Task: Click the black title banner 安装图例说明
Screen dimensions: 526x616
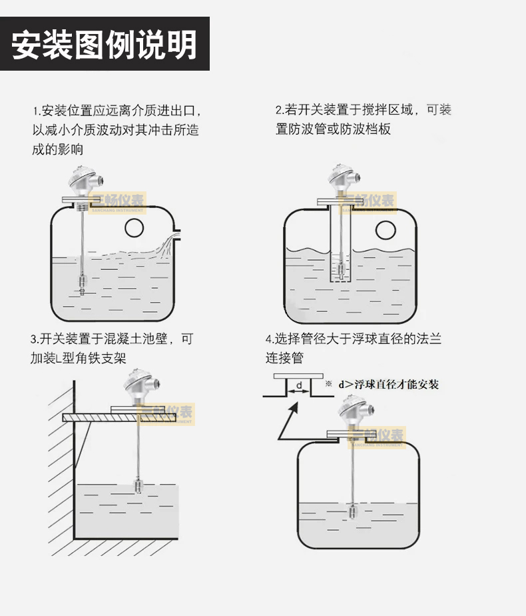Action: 105,43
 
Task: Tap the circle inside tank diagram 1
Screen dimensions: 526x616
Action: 134,228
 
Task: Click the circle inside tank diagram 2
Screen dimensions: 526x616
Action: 386,230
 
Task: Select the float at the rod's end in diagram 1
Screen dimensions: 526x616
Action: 82,283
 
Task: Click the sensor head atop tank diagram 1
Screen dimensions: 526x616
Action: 85,181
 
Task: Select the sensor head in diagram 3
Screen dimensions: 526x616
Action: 140,388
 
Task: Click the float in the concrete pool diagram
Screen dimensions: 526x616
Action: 138,486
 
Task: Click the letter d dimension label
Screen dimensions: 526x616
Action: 299,385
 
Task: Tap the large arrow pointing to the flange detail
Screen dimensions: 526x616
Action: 288,421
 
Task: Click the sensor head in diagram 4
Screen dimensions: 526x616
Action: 355,413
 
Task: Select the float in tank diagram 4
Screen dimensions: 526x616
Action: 352,511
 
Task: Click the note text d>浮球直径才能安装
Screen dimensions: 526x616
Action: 388,384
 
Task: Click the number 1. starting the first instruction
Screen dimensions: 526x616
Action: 37,111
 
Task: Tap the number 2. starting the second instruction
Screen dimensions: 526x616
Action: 280,110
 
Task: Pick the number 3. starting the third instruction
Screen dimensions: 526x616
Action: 35,339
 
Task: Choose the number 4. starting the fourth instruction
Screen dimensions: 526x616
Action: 270,339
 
